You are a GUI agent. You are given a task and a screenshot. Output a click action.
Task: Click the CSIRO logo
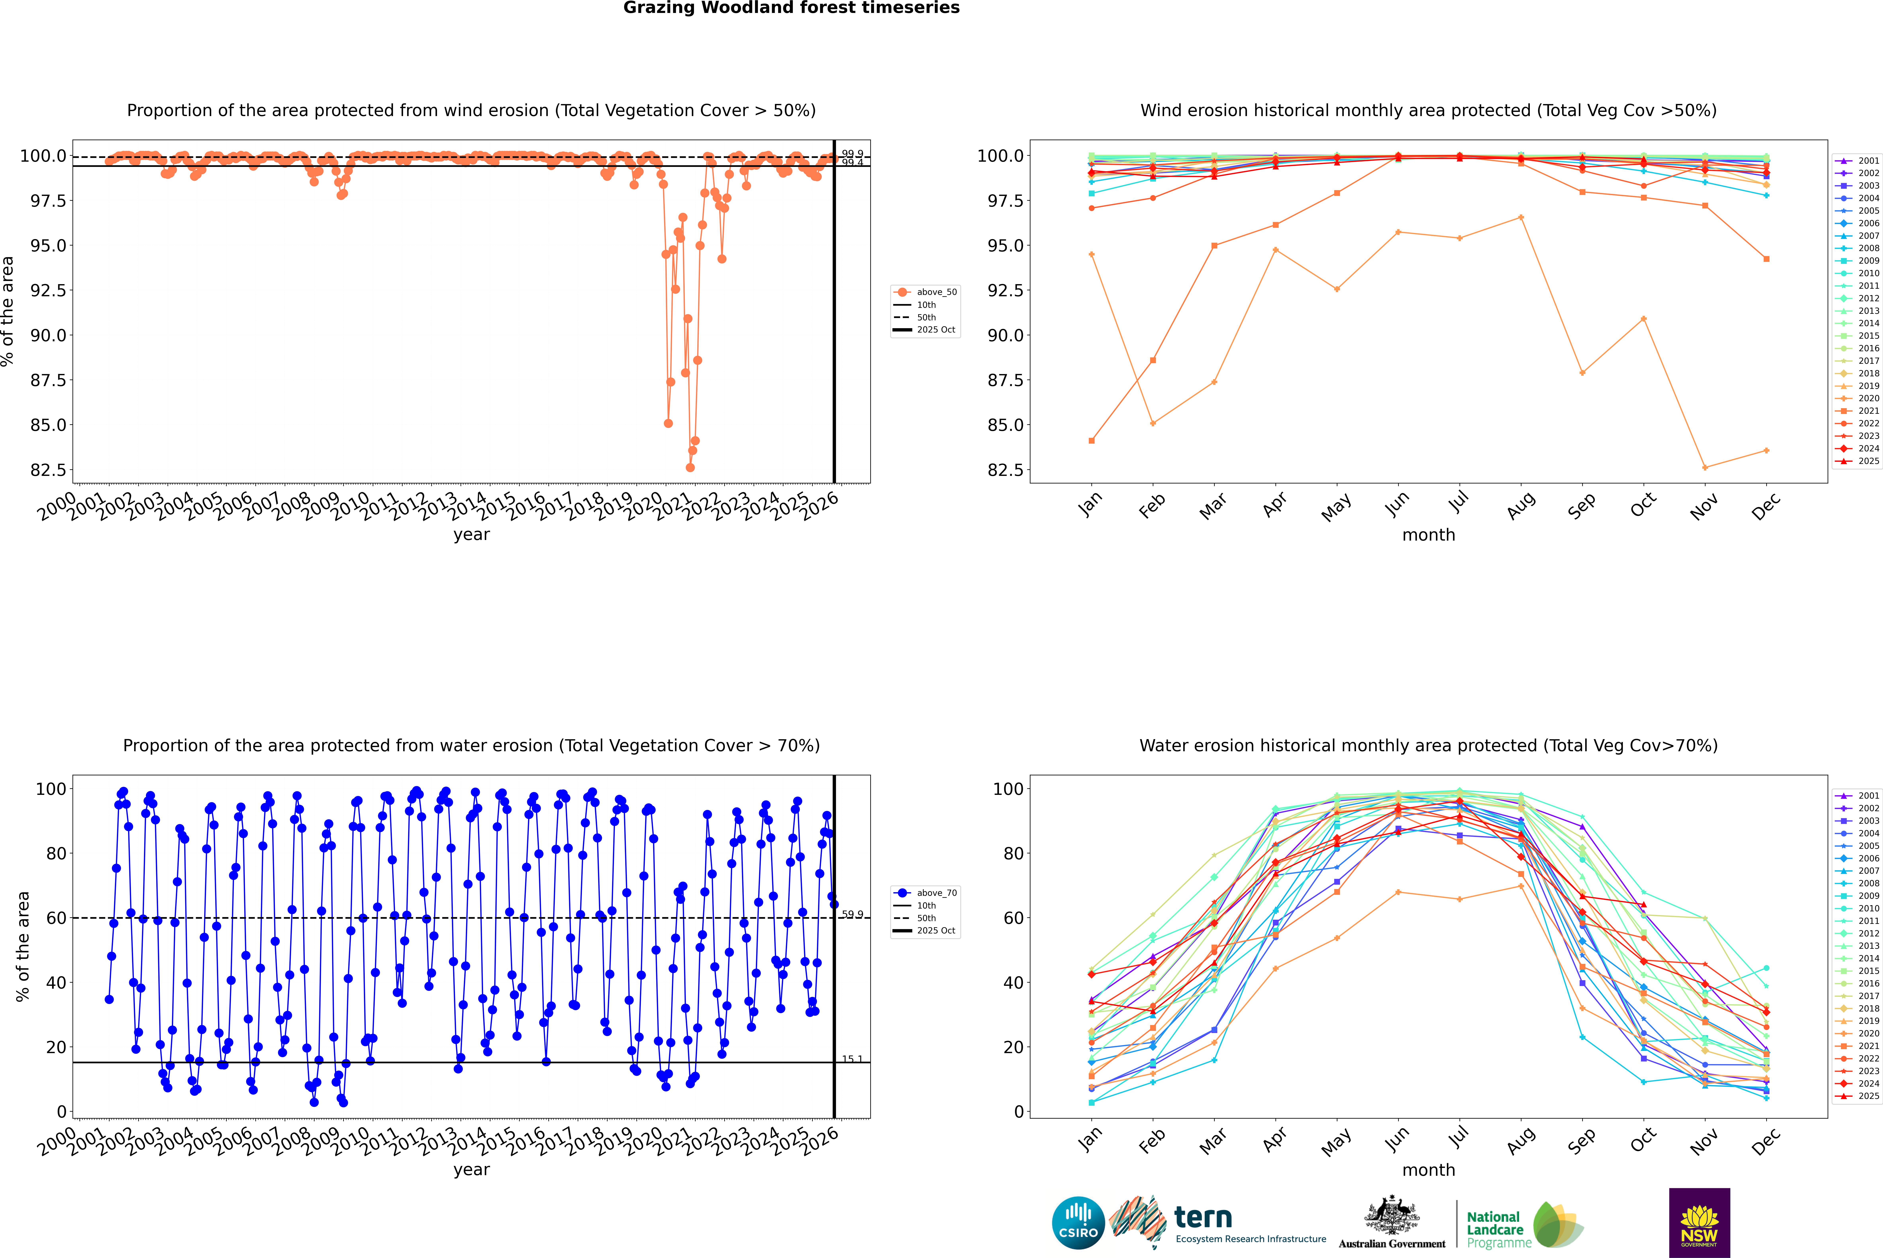[1078, 1223]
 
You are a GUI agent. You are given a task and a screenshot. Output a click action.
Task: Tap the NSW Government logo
[1699, 1223]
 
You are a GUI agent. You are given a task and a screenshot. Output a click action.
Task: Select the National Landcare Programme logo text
[1495, 1229]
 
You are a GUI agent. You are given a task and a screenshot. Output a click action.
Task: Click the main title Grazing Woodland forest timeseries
[791, 8]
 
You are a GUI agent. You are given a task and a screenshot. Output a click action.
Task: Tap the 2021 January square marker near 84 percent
[1092, 440]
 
